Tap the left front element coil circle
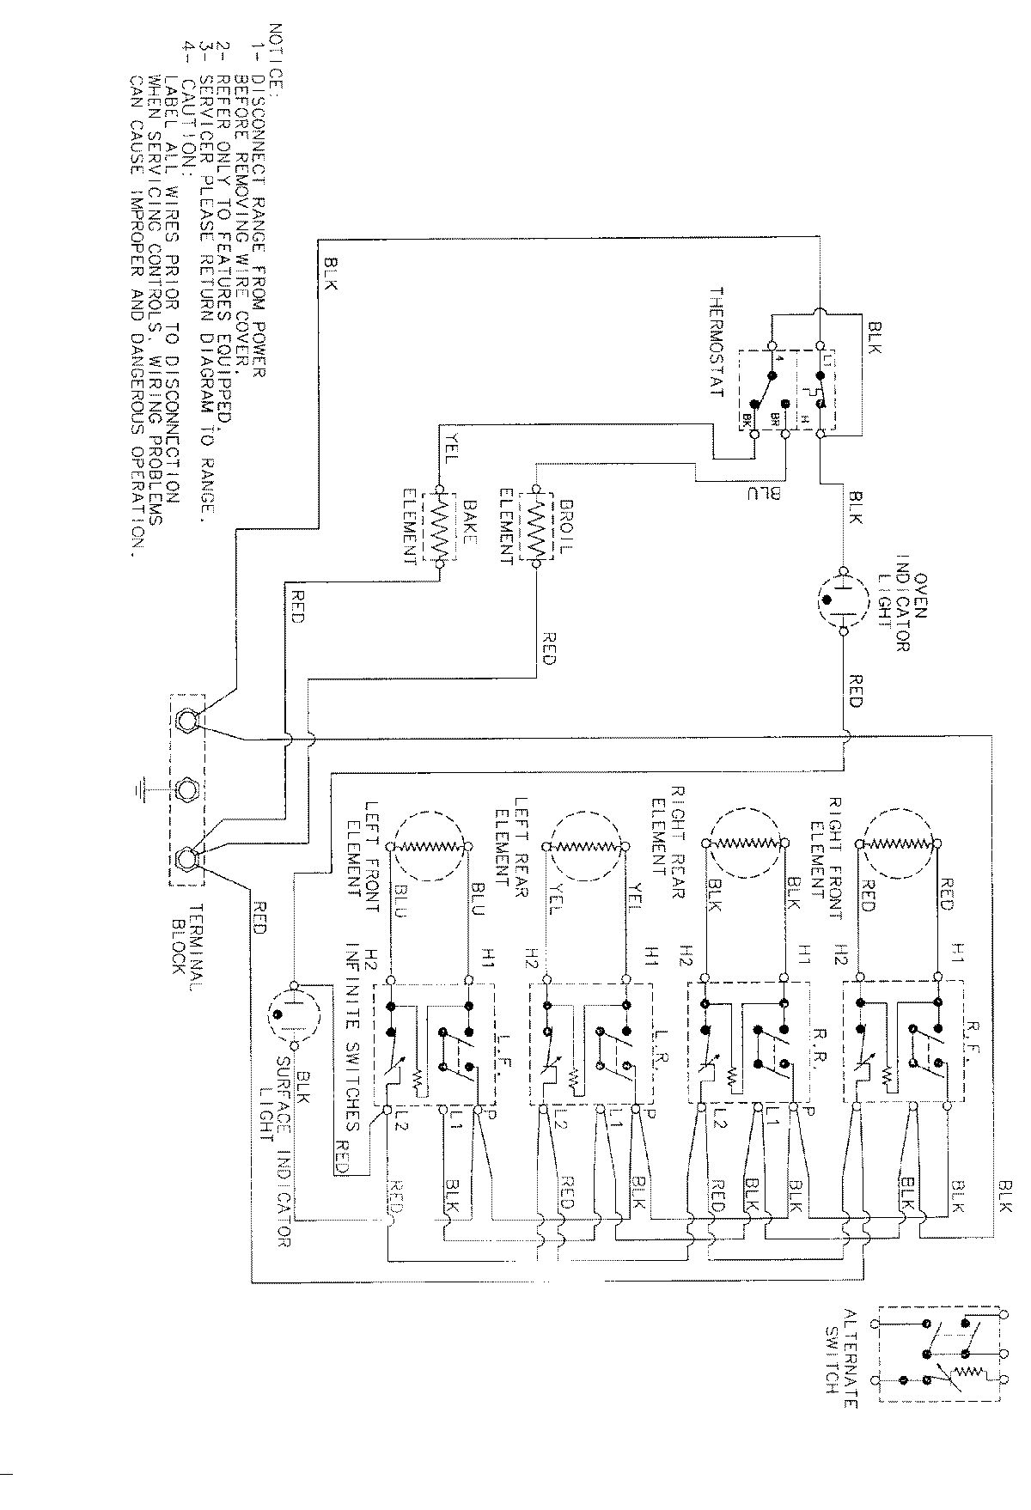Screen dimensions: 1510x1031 [x=430, y=847]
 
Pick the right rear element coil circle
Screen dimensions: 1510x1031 [x=745, y=845]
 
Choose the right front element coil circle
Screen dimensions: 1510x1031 [x=899, y=845]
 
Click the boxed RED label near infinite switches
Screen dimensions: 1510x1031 [x=343, y=1152]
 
